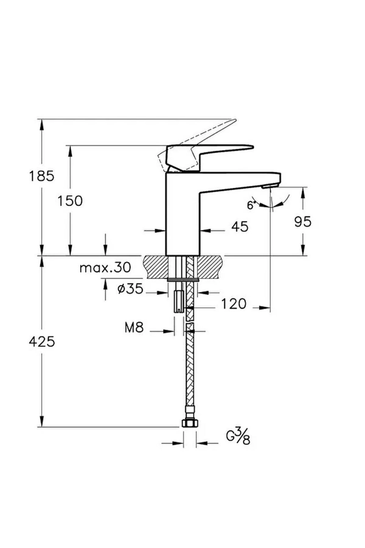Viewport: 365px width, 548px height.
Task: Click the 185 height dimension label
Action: (x=42, y=176)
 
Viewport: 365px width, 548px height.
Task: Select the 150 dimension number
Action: (x=70, y=201)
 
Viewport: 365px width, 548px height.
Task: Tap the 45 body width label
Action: (x=240, y=227)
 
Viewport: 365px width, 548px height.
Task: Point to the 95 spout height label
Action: (x=303, y=222)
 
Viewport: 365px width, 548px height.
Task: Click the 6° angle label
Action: (x=250, y=205)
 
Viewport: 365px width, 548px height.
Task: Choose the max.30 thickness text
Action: (x=105, y=268)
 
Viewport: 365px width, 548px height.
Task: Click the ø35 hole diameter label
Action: (x=130, y=289)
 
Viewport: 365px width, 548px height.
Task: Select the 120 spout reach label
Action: (x=233, y=304)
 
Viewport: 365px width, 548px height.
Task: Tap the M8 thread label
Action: (x=134, y=328)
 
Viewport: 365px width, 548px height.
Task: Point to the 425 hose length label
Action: (x=42, y=342)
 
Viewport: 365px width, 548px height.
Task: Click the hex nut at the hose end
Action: (x=190, y=423)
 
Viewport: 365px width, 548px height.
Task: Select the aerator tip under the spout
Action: (x=270, y=186)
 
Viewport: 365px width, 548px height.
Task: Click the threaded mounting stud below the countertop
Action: (x=178, y=301)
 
